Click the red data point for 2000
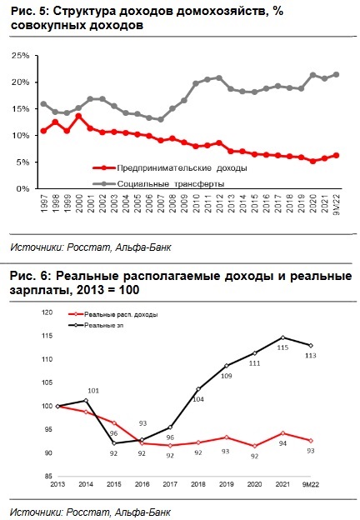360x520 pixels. (x=78, y=117)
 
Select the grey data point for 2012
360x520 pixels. (x=219, y=78)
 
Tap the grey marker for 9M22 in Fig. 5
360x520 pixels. (x=336, y=75)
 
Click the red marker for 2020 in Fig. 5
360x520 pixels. (x=312, y=161)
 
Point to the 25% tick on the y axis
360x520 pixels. (x=21, y=56)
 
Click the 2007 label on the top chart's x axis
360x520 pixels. (x=161, y=204)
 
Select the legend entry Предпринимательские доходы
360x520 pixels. (x=170, y=168)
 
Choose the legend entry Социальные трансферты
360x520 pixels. (x=158, y=183)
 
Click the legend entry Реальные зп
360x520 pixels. (x=96, y=325)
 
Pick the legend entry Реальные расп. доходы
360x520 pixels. (x=112, y=314)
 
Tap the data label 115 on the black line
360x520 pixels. (x=282, y=347)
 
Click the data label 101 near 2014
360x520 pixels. (x=93, y=391)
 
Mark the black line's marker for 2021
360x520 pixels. (x=282, y=337)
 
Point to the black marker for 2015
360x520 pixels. (x=113, y=443)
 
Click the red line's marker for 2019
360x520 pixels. (x=227, y=437)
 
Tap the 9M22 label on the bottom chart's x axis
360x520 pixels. (x=311, y=484)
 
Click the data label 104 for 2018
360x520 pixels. (x=198, y=399)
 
